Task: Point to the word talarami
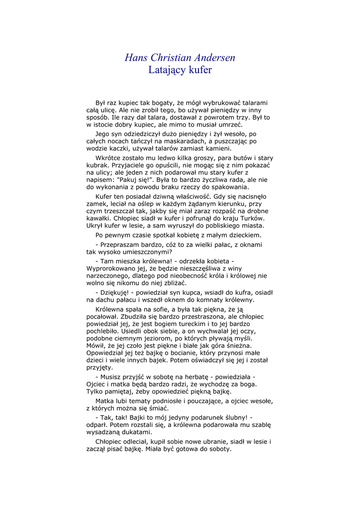pyautogui.click(x=254, y=102)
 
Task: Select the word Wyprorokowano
pyautogui.click(x=111, y=268)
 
